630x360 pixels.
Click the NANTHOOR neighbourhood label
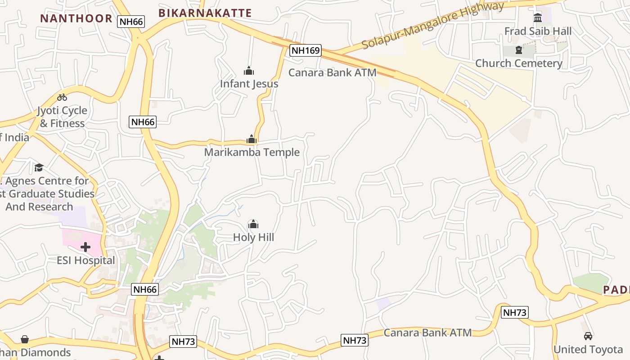point(76,18)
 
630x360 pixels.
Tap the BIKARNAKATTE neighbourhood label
point(205,13)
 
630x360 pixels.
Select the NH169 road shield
point(305,50)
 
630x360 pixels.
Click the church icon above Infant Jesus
point(249,71)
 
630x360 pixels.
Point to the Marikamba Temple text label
point(252,152)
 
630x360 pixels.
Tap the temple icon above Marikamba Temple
point(252,139)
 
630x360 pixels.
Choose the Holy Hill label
point(253,237)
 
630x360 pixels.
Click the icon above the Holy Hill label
point(253,224)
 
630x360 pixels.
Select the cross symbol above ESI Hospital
point(85,247)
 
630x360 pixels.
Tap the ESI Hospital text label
point(85,260)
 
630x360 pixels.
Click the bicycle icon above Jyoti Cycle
point(62,97)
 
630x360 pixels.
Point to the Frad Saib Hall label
point(538,31)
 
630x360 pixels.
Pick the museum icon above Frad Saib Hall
point(538,18)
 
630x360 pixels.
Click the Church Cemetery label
point(519,63)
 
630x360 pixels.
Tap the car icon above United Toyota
point(588,336)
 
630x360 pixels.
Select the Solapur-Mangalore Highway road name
point(433,25)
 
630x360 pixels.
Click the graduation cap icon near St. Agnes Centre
point(39,168)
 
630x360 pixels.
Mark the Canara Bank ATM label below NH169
point(332,72)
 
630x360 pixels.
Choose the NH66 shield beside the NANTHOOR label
point(131,21)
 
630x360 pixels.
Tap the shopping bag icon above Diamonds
point(25,339)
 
